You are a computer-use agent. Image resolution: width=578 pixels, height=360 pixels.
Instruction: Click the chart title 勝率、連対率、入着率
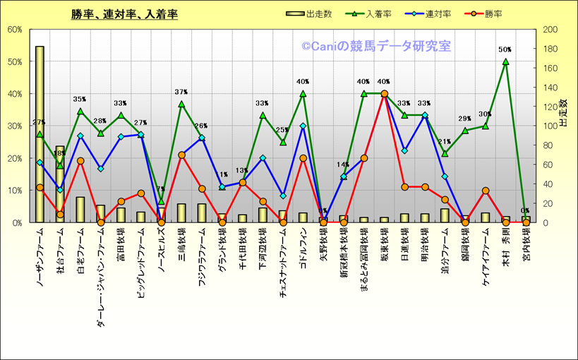(x=124, y=14)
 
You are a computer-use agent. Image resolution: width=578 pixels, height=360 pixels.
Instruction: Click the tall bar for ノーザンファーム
(x=40, y=134)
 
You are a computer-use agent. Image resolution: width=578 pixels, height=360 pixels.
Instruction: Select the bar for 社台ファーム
(x=60, y=184)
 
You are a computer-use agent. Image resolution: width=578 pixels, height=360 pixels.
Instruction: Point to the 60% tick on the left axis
(x=15, y=30)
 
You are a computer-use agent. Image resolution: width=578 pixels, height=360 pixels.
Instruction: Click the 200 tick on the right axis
(x=548, y=30)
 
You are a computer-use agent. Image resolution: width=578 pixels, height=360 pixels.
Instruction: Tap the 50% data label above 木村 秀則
(x=505, y=50)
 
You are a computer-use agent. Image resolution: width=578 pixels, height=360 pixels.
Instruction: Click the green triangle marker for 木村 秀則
(x=505, y=61)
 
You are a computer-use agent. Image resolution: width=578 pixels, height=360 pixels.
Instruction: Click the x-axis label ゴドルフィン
(x=303, y=250)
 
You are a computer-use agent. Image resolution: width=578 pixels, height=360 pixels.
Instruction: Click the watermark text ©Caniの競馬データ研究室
(x=375, y=47)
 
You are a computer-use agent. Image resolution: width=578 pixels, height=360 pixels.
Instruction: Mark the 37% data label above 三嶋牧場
(x=181, y=92)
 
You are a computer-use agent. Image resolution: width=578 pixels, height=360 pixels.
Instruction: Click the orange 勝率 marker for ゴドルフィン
(x=303, y=158)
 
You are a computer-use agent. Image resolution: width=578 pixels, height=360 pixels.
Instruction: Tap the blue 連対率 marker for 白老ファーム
(x=80, y=136)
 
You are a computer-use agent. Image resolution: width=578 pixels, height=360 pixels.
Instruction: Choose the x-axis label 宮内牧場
(x=526, y=244)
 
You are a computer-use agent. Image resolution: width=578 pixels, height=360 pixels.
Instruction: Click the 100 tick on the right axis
(x=548, y=126)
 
